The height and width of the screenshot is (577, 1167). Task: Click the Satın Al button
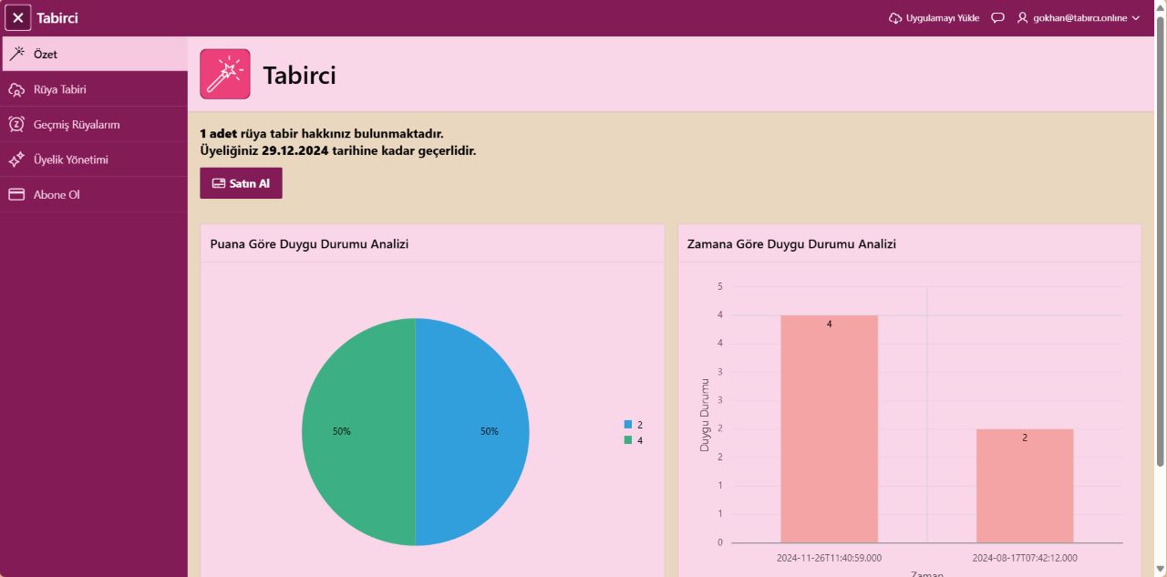[x=241, y=183]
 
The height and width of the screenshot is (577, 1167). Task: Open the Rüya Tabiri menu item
[x=59, y=89]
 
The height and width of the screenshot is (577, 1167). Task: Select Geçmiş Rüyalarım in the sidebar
[x=76, y=125]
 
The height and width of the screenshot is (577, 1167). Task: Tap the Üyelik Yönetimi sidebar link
[x=70, y=160]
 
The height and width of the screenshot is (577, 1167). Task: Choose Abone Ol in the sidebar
[x=57, y=194]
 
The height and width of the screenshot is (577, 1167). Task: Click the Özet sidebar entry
[x=45, y=55]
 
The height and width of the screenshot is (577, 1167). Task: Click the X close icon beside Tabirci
[x=18, y=17]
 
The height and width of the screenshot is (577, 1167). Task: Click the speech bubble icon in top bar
[x=997, y=18]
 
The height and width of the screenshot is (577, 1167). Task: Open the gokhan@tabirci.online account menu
[x=1079, y=18]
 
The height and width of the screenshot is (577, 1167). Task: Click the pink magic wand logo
[x=224, y=74]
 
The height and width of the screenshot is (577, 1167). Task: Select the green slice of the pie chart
[x=358, y=431]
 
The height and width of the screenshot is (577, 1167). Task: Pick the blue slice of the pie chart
[x=472, y=431]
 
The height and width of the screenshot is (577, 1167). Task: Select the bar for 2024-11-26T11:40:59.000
[x=829, y=428]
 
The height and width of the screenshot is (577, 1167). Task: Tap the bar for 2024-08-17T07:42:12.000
[x=1024, y=485]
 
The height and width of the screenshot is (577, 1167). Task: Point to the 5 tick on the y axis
[x=719, y=286]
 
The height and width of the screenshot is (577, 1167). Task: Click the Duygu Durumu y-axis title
[x=705, y=415]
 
